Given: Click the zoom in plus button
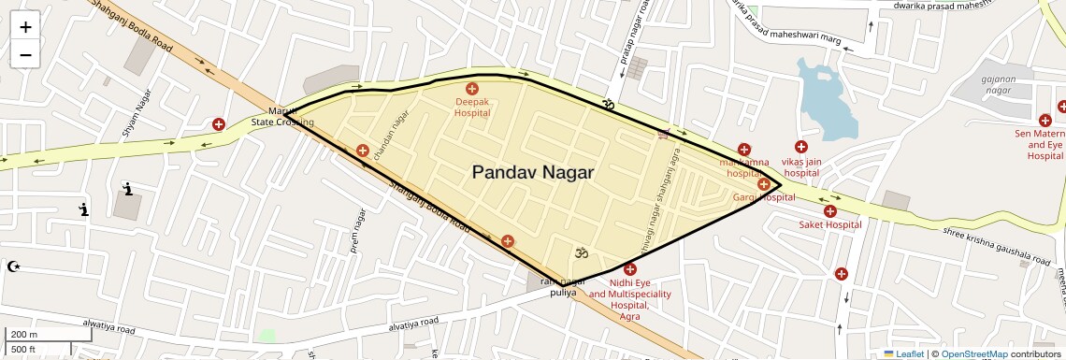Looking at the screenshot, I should click(x=25, y=27).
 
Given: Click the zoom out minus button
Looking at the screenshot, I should click(x=25, y=55).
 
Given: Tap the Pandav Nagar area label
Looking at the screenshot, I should click(x=532, y=172).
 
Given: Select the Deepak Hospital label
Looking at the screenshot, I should click(x=472, y=107).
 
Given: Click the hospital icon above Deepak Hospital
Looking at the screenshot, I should click(x=472, y=88).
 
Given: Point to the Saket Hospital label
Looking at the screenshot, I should click(x=829, y=224).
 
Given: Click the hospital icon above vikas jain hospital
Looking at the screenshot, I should click(x=801, y=147).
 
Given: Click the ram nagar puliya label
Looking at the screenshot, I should click(x=569, y=287).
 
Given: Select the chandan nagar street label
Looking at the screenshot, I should click(x=392, y=136).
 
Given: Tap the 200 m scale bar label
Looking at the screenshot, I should click(x=24, y=335).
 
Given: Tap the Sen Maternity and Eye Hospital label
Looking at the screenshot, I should click(x=1043, y=145).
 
